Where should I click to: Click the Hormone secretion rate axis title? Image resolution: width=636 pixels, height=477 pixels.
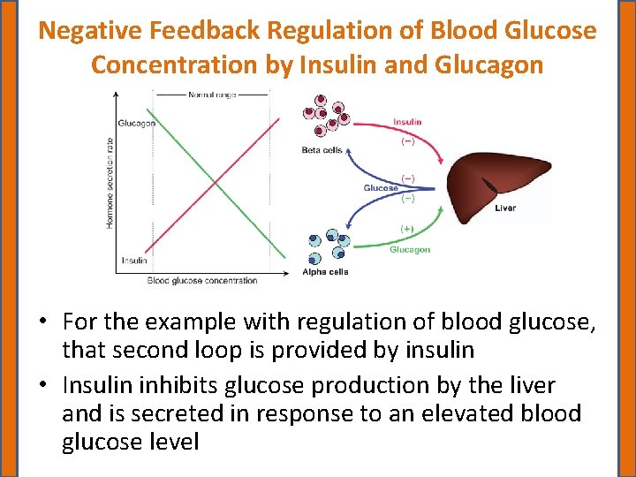(110, 181)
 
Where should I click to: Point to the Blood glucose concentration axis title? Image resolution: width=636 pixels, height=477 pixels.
(202, 281)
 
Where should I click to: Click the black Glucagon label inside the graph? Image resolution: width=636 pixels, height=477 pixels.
(137, 123)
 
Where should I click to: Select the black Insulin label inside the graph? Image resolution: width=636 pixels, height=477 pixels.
(134, 261)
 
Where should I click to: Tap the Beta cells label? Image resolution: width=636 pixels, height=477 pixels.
(322, 150)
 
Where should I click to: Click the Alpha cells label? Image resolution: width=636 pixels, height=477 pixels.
(325, 272)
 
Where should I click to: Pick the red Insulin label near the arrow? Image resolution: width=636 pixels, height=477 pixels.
(407, 122)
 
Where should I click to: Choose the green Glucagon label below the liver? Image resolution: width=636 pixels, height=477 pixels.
(410, 249)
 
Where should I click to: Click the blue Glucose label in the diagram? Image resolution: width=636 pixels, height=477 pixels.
(381, 188)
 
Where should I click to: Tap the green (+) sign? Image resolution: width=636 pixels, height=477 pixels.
(406, 229)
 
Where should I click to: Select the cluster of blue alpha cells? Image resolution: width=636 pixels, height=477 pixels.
(326, 246)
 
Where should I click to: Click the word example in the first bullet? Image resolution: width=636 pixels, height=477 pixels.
(205, 323)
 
